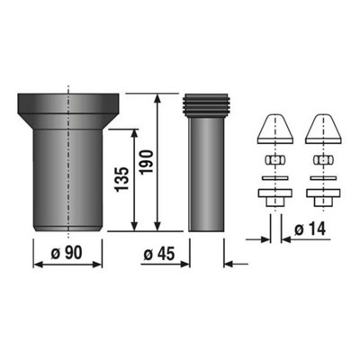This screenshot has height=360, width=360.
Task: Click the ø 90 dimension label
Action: click(69, 252)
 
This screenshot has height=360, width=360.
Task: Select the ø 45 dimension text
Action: click(160, 252)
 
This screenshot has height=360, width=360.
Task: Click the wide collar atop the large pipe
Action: click(69, 103)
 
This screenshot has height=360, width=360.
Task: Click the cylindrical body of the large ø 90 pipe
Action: click(69, 180)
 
